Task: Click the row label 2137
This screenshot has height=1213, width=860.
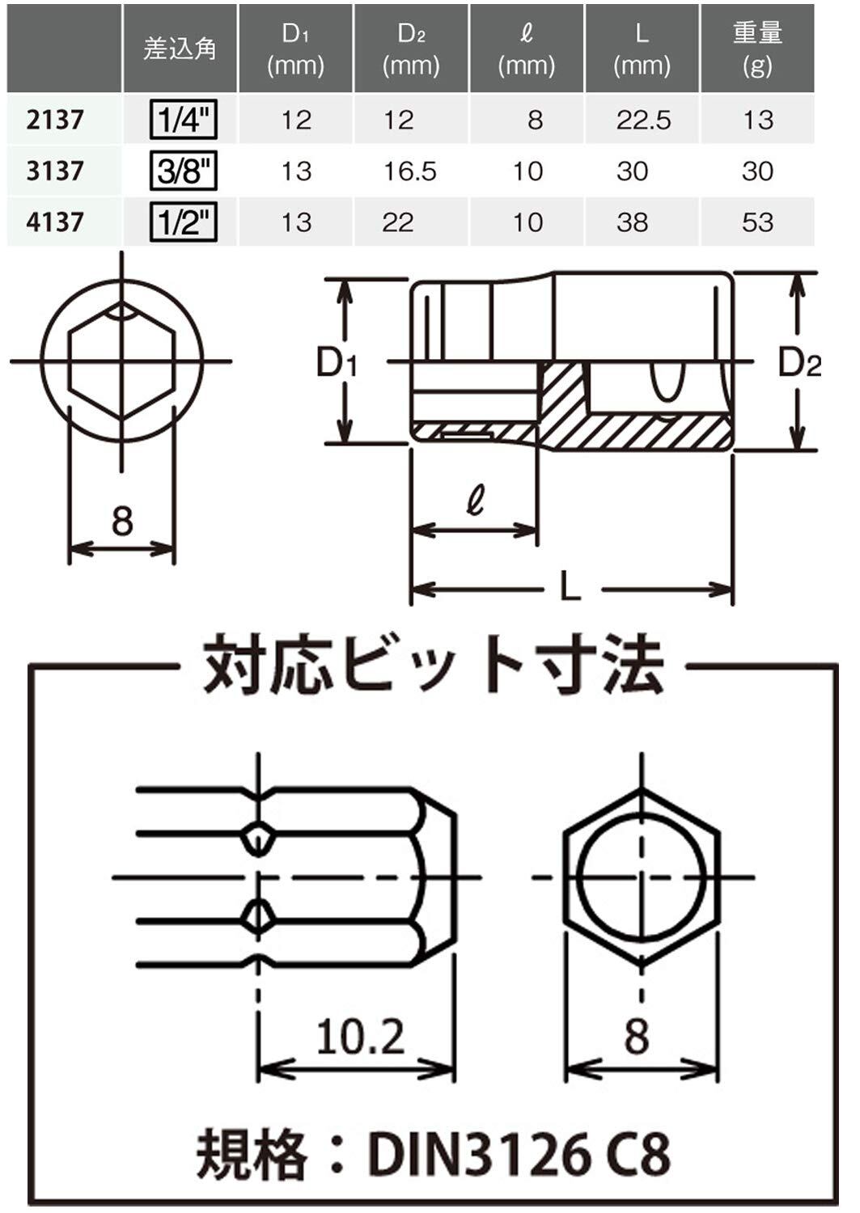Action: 55,120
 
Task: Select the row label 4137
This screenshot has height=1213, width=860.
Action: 55,222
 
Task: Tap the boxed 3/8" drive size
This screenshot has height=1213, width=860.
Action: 184,171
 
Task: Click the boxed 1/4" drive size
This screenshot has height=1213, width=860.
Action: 184,120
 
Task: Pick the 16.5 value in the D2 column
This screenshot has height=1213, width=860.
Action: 409,171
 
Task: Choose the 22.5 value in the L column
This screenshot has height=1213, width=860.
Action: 643,120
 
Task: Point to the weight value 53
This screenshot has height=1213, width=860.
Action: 757,222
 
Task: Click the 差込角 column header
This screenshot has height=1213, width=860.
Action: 180,49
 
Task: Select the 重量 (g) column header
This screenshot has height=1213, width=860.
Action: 757,49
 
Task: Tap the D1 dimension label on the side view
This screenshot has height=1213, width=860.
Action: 337,362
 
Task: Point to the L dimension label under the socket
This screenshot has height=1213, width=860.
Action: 570,585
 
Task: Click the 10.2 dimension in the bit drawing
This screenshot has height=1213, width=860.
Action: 360,1037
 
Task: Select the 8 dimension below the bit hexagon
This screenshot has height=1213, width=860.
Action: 637,1037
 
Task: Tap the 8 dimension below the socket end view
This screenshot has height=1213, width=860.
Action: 122,521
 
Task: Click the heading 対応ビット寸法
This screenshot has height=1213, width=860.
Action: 433,664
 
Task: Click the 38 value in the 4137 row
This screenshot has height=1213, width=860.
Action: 632,222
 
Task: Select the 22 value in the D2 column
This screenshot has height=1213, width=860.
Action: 398,222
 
